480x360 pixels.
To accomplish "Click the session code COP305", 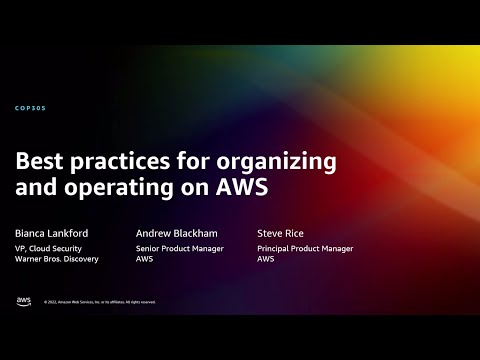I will pyautogui.click(x=31, y=107).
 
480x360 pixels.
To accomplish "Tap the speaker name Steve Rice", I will pyautogui.click(x=280, y=231).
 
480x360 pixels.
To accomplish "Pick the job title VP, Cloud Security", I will pyautogui.click(x=49, y=248).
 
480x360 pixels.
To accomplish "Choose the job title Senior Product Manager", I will pyautogui.click(x=180, y=248).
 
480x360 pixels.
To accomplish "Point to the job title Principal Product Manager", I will pyautogui.click(x=305, y=248).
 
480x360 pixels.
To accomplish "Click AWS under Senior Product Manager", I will pyautogui.click(x=144, y=259).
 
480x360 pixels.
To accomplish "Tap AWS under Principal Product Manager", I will pyautogui.click(x=266, y=259).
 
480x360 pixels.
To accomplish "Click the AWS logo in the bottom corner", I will pyautogui.click(x=23, y=300).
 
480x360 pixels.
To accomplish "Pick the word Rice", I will pyautogui.click(x=293, y=231).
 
